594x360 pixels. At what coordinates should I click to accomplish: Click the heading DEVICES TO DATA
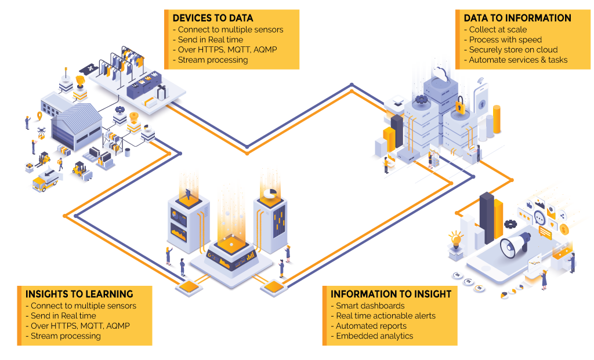[x=212, y=18]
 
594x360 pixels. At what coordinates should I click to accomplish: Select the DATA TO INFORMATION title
[x=517, y=18]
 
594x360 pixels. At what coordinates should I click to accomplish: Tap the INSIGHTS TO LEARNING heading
[x=79, y=294]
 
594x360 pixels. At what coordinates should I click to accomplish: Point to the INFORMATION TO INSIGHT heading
[x=391, y=294]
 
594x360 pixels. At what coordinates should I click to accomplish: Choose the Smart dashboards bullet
[x=367, y=306]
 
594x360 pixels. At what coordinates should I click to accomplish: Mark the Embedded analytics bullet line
[x=372, y=336]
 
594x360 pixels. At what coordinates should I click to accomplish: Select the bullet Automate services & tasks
[x=516, y=60]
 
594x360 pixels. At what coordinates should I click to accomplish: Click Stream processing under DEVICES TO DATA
[x=210, y=60]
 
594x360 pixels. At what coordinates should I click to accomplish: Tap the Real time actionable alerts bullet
[x=383, y=316]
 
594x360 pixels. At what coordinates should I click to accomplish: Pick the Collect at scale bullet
[x=495, y=30]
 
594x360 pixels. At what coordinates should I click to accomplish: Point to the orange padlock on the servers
[x=460, y=106]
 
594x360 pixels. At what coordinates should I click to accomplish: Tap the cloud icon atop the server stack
[x=441, y=73]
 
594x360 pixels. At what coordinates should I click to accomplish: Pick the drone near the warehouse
[x=41, y=133]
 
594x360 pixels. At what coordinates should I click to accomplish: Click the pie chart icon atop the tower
[x=270, y=193]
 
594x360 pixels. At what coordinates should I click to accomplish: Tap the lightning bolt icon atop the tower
[x=188, y=195]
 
